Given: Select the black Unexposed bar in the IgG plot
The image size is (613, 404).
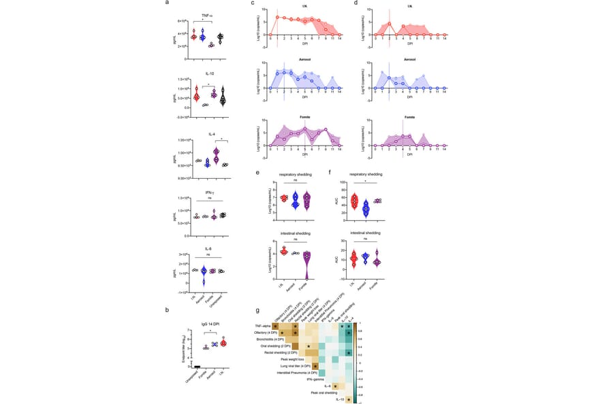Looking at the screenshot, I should tap(196, 365).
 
